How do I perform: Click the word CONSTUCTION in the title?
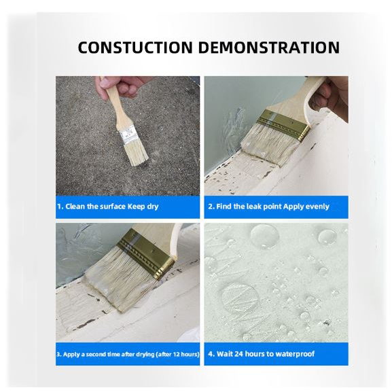135,48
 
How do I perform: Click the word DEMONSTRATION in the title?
269,48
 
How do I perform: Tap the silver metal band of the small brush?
129,135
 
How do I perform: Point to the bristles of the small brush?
137,153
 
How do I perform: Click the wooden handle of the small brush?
116,107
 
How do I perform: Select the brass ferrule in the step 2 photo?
284,124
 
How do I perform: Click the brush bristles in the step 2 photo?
269,145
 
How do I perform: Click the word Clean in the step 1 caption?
75,207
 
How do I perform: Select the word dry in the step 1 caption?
152,207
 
